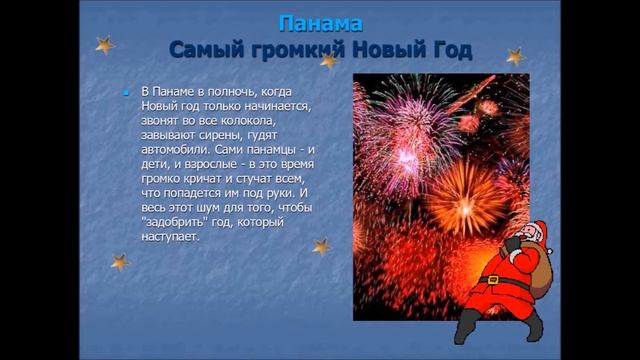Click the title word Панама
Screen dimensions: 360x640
click(x=319, y=22)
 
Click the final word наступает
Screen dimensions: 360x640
click(x=171, y=238)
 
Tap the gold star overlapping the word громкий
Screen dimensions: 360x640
click(x=328, y=61)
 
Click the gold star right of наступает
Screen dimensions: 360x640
click(x=321, y=246)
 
